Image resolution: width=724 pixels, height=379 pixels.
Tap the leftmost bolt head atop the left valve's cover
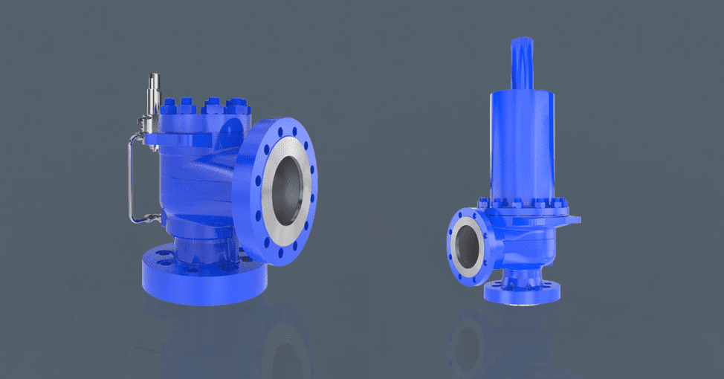(167, 104)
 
